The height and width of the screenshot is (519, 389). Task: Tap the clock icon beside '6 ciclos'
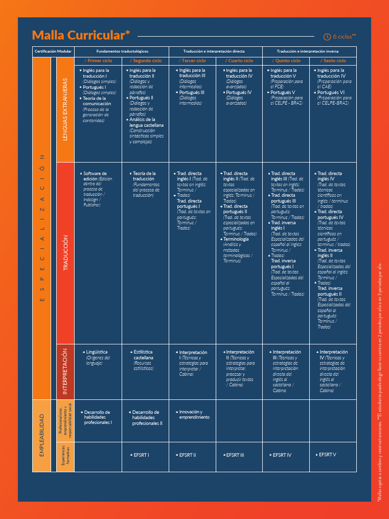tap(327, 36)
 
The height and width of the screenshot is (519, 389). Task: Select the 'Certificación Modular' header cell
tap(53, 52)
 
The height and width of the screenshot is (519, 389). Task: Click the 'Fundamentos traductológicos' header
tap(122, 52)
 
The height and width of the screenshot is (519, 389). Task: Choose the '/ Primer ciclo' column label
tap(98, 61)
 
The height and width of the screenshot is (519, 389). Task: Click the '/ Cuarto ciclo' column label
tap(239, 61)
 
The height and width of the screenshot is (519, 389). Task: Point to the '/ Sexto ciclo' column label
tap(332, 61)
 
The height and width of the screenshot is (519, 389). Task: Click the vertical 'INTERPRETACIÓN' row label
tap(65, 371)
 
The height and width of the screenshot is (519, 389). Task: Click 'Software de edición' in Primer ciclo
tap(95, 176)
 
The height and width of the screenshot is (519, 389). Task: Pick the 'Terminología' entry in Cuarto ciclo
tap(236, 239)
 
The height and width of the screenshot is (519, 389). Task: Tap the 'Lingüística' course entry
tap(97, 352)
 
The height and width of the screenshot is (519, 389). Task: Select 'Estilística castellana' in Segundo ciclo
tap(143, 355)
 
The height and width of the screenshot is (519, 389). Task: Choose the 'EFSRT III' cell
tap(235, 455)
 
